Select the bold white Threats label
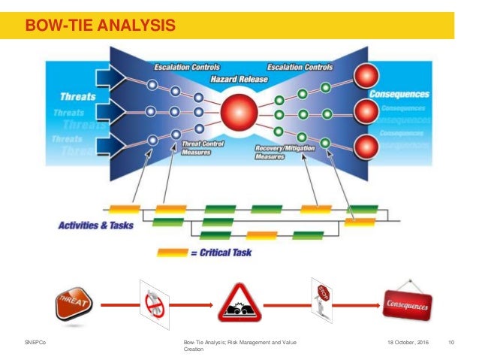[78, 97]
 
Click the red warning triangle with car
[239, 305]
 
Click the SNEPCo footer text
[35, 343]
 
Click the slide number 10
[451, 343]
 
